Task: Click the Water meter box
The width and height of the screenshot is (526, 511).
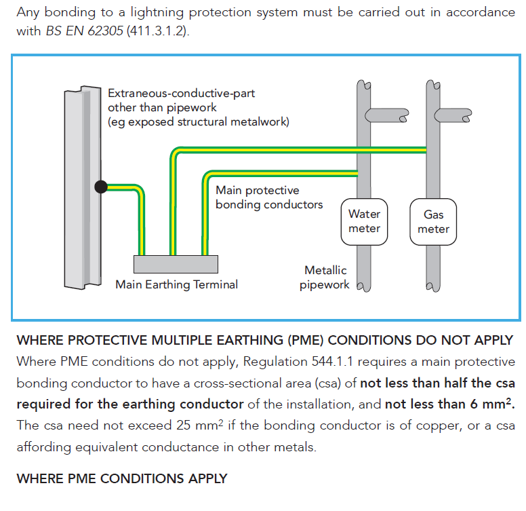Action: pos(365,221)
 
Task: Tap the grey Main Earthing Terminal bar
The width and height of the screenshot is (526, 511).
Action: pos(176,264)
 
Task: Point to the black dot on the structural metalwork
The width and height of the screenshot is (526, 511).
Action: pos(101,187)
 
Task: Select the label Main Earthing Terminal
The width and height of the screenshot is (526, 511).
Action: pos(176,284)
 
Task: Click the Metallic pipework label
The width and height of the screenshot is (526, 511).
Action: pos(325,278)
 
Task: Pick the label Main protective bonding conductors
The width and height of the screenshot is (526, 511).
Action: pos(269,197)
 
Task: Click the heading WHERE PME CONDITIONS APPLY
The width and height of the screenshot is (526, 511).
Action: pos(121,478)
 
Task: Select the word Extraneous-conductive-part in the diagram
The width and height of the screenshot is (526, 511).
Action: pos(182,93)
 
